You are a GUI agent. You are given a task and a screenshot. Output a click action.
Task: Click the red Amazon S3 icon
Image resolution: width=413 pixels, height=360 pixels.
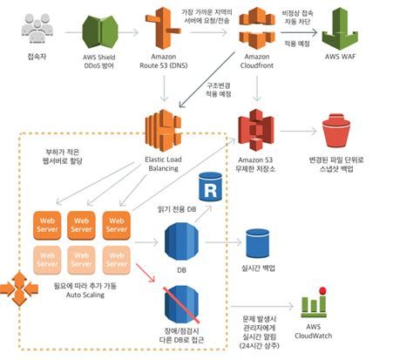(x=258, y=129)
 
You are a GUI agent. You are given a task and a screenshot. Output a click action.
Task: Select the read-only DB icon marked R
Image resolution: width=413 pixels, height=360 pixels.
(x=209, y=187)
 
